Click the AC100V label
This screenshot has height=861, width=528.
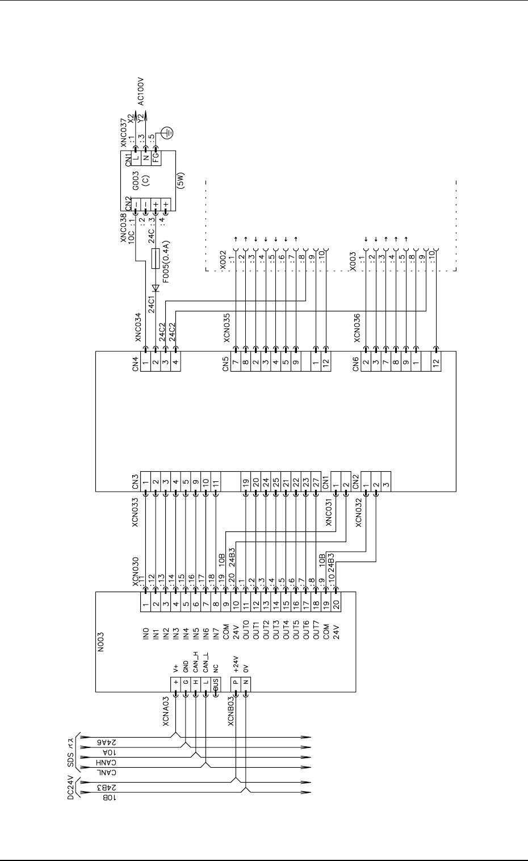point(141,93)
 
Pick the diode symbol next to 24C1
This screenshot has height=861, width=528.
point(156,288)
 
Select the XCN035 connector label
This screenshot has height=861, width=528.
point(227,329)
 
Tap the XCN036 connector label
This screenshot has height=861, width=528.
point(357,328)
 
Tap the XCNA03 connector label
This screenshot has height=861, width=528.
point(166,710)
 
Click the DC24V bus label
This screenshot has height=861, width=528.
point(71,787)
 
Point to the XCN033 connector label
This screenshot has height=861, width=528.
point(135,513)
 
